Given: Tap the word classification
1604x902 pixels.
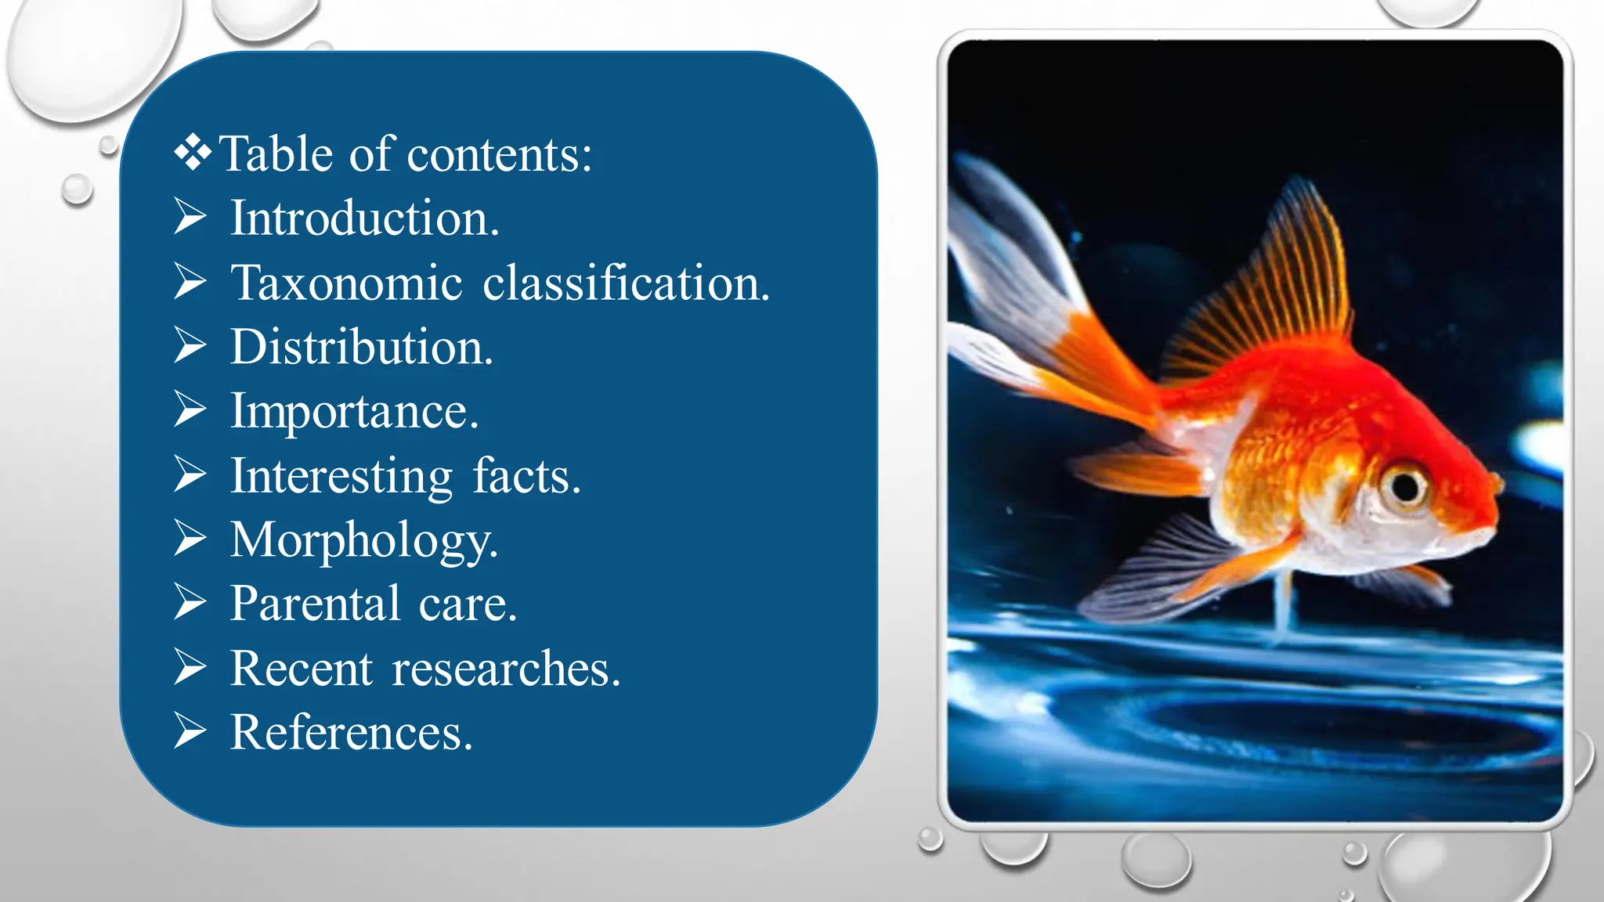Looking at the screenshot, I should coord(626,283).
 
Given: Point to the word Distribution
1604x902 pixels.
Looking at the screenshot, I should coord(361,347).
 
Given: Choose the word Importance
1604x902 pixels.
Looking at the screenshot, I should coord(354,412).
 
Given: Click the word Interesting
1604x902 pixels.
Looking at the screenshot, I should coord(341,476).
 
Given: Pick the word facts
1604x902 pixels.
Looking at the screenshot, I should coord(526,476).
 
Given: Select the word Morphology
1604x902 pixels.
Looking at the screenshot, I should coord(364,540).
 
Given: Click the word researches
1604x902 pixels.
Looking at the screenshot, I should coord(506,669).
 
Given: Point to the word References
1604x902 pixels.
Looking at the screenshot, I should coord(352,733).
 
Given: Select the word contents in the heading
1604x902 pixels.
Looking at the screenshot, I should coord(500,153).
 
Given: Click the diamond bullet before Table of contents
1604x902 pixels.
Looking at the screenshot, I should coord(193,153).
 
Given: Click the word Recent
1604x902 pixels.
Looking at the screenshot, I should coord(302,669).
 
